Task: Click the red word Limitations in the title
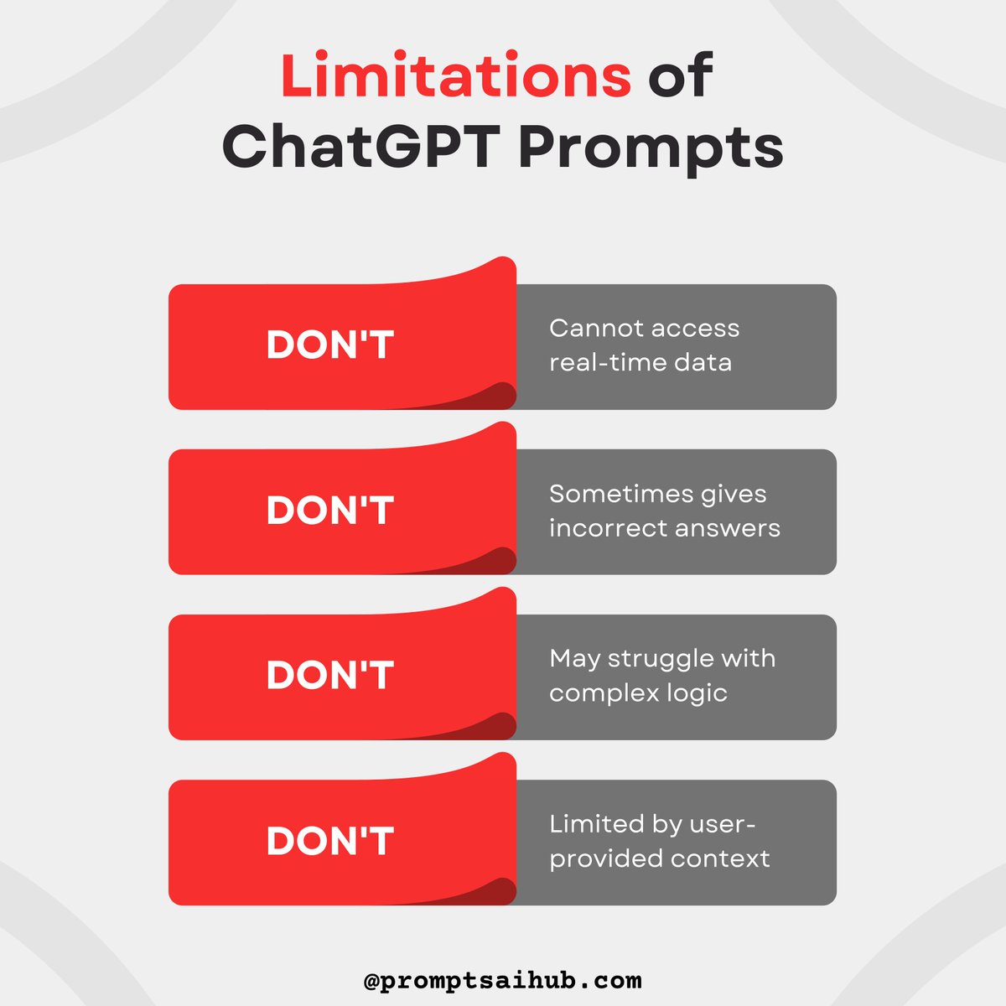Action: click(455, 75)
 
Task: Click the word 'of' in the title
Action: click(680, 75)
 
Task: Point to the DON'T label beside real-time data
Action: click(329, 345)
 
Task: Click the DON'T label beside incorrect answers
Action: click(329, 511)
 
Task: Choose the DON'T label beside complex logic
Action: click(329, 676)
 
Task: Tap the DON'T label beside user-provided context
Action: click(329, 841)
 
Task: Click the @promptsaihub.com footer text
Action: click(503, 980)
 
